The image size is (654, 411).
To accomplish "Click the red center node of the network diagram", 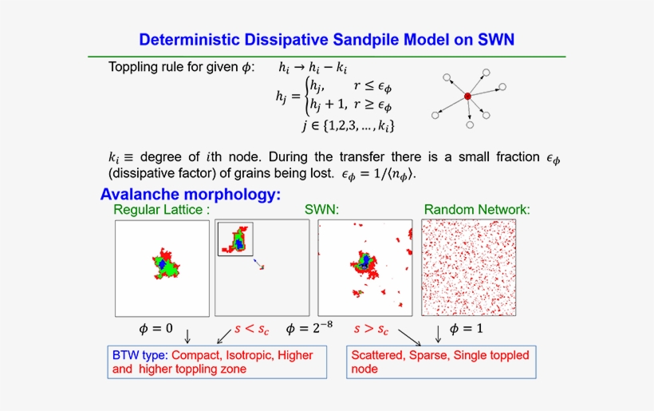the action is [467, 96].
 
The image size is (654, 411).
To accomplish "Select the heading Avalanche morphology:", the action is [191, 194].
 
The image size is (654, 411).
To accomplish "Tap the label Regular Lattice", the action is [158, 209].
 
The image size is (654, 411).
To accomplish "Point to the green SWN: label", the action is [321, 209].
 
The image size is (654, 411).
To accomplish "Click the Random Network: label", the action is [477, 209].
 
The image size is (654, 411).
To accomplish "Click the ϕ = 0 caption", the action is [156, 328].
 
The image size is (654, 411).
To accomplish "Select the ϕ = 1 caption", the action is [467, 328].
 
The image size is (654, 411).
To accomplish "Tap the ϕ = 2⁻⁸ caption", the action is [309, 328].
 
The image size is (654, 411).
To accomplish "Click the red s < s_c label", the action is [251, 330].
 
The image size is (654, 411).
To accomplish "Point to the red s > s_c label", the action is [371, 330].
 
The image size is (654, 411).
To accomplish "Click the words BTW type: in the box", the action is [140, 355].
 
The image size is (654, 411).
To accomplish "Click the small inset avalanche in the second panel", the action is [236, 239].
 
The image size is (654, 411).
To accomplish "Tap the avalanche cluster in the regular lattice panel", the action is [166, 263].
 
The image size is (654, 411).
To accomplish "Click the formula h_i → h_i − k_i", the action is [313, 68].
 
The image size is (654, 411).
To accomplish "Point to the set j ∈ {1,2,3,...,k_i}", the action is [349, 125].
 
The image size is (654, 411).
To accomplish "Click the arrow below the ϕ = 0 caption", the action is [187, 336].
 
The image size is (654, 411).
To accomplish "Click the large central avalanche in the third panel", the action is [364, 264].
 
